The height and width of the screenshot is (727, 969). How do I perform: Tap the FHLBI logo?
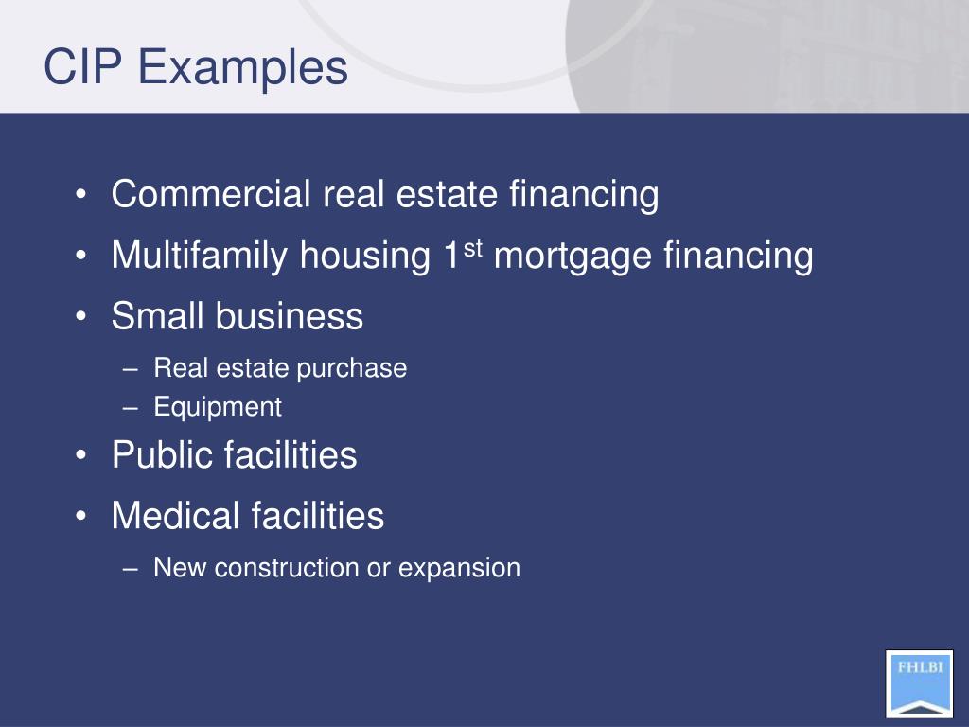(919, 683)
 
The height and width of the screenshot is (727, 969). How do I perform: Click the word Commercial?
(211, 195)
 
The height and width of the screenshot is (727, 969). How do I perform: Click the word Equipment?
(218, 408)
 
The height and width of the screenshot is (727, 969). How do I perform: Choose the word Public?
(162, 455)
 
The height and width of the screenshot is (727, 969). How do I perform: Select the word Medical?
(176, 516)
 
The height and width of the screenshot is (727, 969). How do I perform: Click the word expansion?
(459, 569)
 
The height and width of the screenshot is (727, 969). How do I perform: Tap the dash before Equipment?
(131, 408)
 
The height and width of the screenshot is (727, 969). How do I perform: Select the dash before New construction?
(131, 568)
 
